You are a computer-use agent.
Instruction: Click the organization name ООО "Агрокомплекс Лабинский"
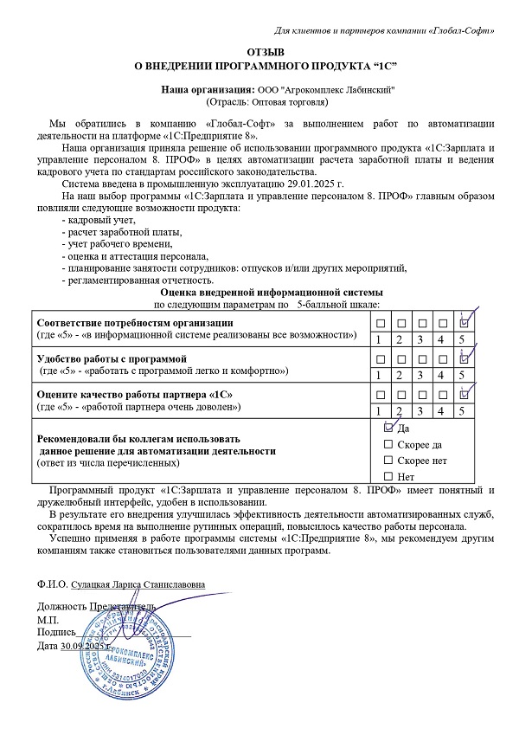click(325, 89)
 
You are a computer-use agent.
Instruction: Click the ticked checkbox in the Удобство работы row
click(464, 358)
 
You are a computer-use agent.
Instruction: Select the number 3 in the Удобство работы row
click(419, 375)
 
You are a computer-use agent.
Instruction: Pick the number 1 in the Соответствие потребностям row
click(377, 338)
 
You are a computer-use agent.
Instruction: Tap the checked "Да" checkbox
click(388, 428)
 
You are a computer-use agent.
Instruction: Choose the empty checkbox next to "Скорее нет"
click(388, 460)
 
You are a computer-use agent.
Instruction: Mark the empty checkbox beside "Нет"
click(388, 476)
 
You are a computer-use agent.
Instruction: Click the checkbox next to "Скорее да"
click(388, 444)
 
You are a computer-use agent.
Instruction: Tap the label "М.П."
click(48, 621)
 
